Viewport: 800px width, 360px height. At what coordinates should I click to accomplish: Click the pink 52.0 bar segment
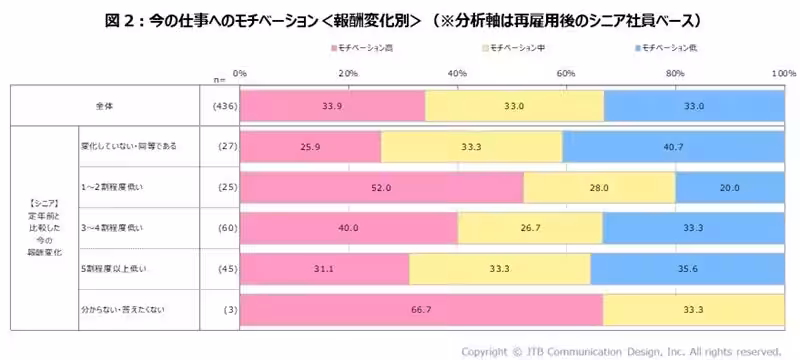click(381, 187)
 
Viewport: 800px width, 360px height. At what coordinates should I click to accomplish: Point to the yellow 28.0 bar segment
click(599, 187)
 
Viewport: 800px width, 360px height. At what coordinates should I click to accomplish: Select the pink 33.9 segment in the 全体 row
click(332, 105)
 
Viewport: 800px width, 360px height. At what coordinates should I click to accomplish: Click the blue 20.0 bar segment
click(730, 187)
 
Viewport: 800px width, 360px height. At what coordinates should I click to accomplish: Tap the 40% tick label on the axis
click(457, 73)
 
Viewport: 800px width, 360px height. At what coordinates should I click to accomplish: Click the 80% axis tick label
click(675, 73)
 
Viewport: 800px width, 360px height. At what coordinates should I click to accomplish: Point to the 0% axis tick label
click(240, 73)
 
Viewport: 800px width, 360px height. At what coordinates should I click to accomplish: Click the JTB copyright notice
click(620, 350)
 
